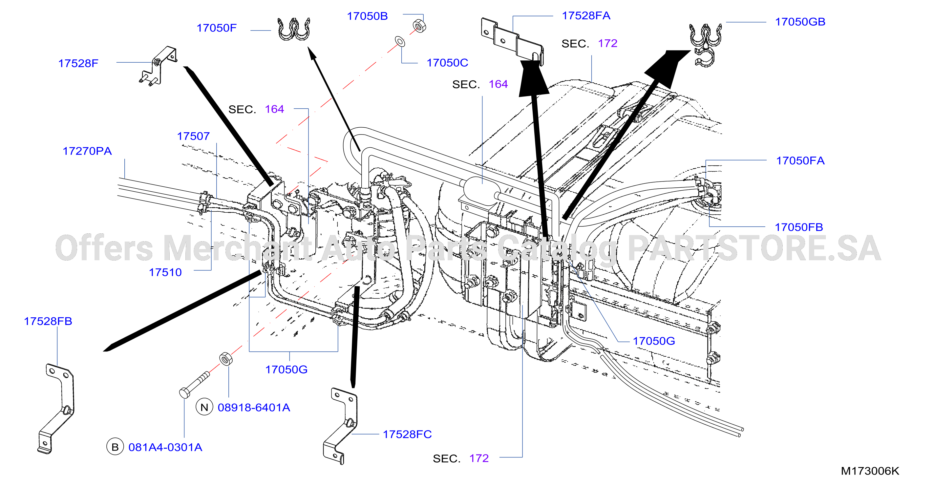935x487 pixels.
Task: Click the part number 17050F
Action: tap(216, 28)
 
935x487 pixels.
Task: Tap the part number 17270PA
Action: tap(87, 151)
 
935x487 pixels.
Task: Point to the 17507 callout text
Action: tap(193, 136)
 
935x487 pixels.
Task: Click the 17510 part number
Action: tap(165, 272)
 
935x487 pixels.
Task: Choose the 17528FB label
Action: tap(48, 321)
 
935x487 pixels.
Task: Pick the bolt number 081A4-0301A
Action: tap(165, 447)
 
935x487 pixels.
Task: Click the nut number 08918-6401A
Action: tap(254, 408)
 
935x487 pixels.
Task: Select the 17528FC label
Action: tap(407, 434)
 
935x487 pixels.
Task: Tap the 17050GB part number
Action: tap(800, 22)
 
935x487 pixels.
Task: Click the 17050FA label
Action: tap(800, 160)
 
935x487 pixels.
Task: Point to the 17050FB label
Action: tap(799, 227)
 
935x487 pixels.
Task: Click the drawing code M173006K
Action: tap(870, 471)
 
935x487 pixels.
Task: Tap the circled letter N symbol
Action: tap(204, 407)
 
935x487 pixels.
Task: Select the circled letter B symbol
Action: tap(115, 447)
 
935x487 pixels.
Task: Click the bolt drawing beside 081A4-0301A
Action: tap(194, 385)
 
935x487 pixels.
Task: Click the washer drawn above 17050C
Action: tap(400, 41)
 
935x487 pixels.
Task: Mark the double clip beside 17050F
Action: tap(294, 29)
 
